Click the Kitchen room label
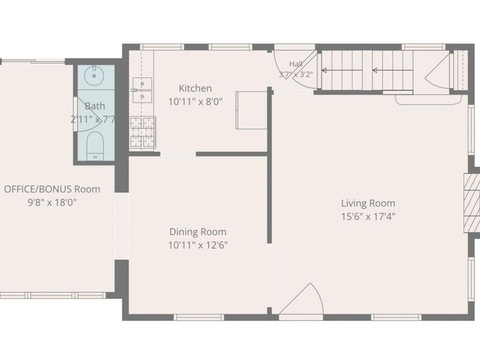[x=196, y=88]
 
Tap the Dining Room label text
[x=198, y=232]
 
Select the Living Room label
[x=368, y=203]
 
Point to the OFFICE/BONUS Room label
[x=52, y=189]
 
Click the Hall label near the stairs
[x=296, y=64]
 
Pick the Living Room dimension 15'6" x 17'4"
[x=368, y=217]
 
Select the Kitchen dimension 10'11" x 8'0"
[x=196, y=101]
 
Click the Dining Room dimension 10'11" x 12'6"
[x=198, y=245]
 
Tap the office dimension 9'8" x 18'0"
[x=52, y=202]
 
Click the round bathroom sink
[x=94, y=76]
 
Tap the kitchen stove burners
[x=142, y=132]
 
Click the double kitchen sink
[x=142, y=90]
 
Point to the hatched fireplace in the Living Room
[x=472, y=203]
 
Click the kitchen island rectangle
[x=251, y=110]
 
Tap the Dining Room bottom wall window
[x=199, y=317]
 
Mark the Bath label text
[x=95, y=106]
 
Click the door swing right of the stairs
[x=438, y=72]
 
